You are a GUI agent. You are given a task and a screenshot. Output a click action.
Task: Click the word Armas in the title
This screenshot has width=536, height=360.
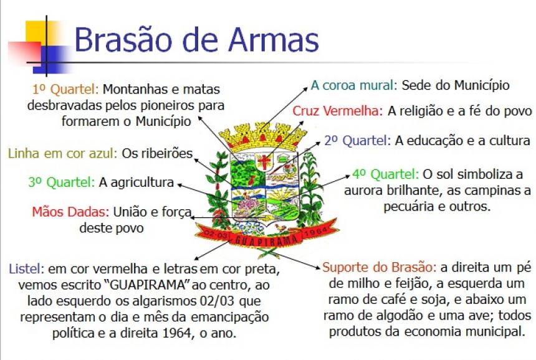[x=274, y=40]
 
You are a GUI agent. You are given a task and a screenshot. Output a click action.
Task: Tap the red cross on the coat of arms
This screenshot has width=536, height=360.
[x=264, y=161]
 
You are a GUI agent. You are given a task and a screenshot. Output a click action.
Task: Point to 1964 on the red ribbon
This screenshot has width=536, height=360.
[x=315, y=230]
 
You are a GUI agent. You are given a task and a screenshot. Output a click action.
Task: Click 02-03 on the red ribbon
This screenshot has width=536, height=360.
[x=216, y=235]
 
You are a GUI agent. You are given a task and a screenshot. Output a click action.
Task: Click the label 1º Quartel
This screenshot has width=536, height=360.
[x=65, y=90]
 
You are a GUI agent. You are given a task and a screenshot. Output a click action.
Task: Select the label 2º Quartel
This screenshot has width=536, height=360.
[x=358, y=141]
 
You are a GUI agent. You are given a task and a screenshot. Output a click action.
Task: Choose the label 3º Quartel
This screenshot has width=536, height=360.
[x=62, y=182]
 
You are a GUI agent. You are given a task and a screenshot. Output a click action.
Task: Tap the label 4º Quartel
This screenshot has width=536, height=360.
[x=386, y=174]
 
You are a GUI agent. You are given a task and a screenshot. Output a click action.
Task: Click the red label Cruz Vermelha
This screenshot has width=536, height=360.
[x=338, y=111]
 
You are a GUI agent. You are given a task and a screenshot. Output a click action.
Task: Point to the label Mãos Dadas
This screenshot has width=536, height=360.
[x=70, y=212]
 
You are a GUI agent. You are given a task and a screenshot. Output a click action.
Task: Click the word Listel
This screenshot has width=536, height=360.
[x=27, y=269]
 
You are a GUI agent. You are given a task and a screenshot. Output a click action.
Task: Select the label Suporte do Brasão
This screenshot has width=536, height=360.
[x=380, y=267]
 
